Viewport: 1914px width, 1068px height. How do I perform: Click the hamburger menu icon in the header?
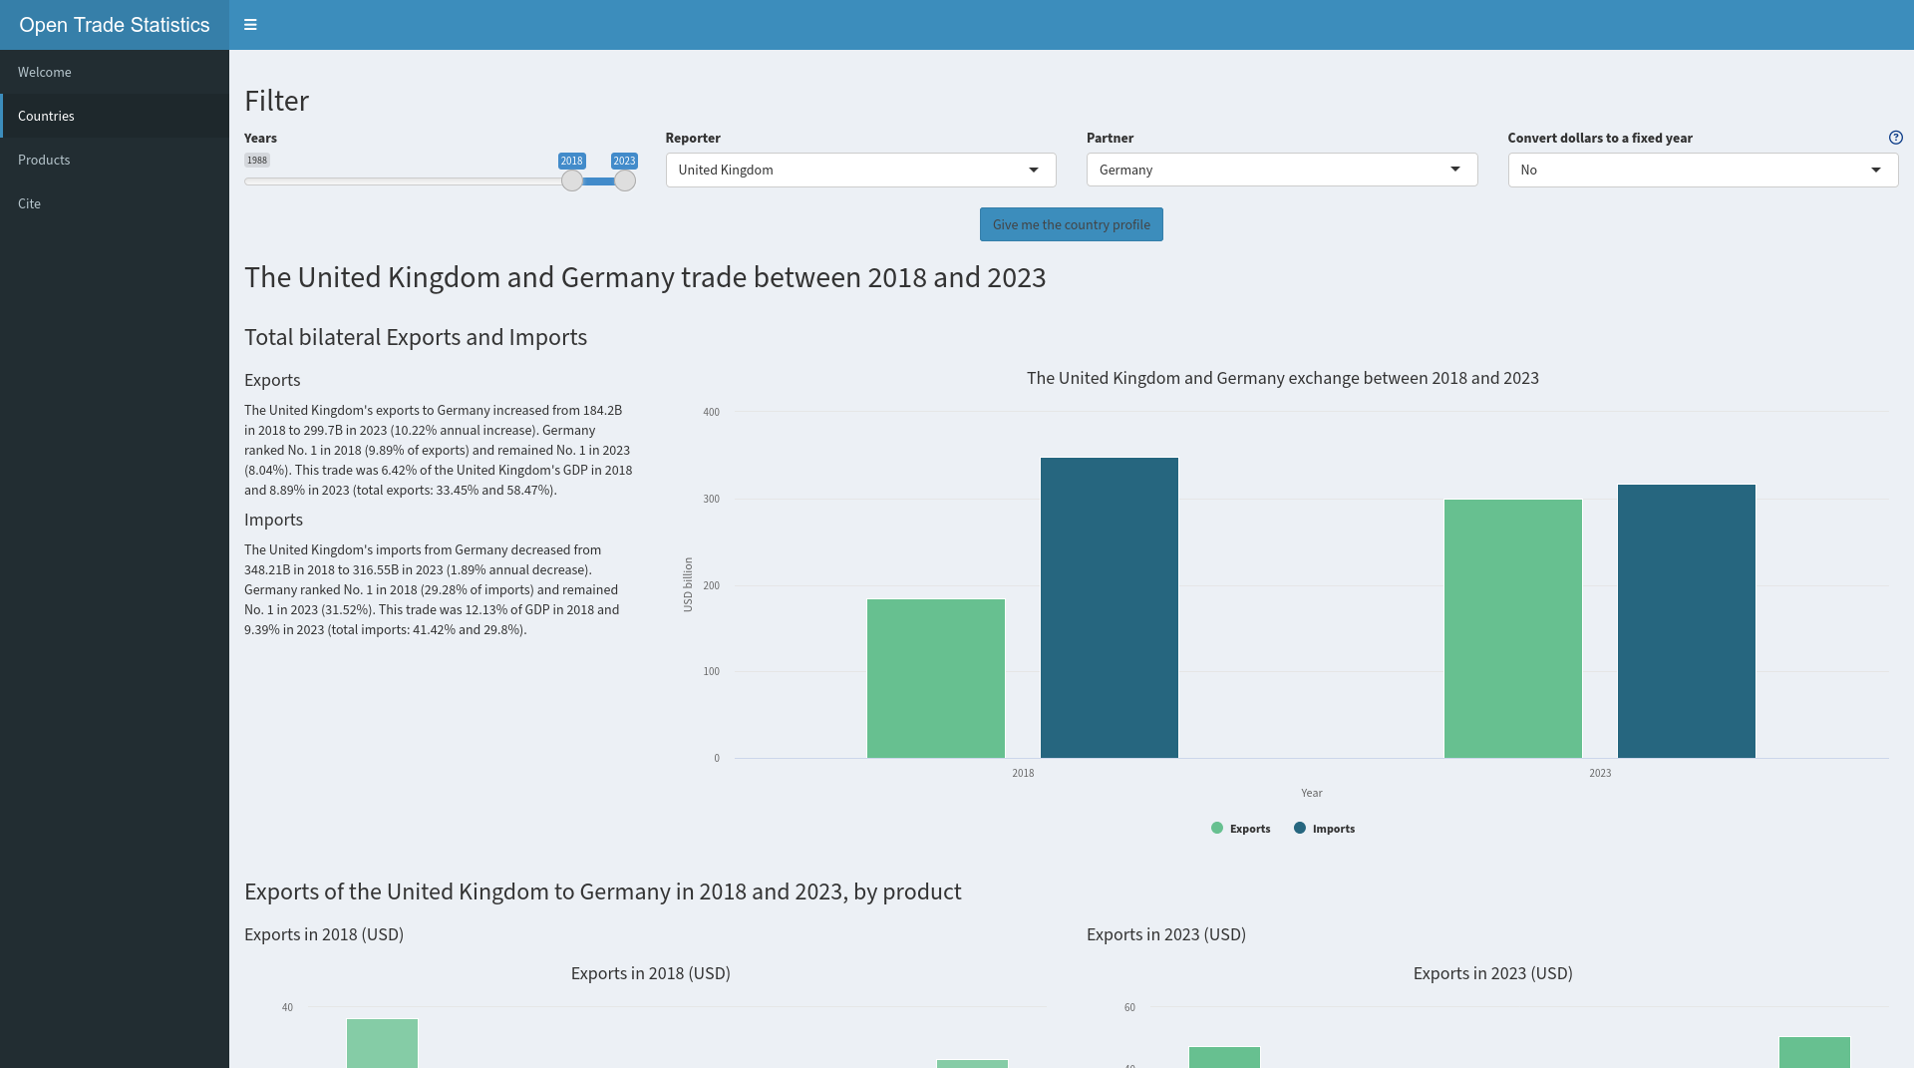250,25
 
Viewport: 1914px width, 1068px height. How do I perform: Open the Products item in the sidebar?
44,160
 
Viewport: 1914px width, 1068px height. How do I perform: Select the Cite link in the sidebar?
29,203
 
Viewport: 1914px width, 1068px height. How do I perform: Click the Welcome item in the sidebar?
45,72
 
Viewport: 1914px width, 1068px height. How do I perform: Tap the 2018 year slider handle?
571,180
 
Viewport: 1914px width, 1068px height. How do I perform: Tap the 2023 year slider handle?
624,180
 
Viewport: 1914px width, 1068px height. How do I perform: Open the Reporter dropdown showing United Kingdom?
860,170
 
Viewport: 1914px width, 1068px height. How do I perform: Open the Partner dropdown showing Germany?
1281,170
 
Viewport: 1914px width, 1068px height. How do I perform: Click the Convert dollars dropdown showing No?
1702,170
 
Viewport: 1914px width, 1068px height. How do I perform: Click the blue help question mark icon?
1895,138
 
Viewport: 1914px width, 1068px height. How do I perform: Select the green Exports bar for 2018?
935,678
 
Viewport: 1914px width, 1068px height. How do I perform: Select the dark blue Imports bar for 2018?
1109,608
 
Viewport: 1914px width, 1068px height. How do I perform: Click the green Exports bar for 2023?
1512,628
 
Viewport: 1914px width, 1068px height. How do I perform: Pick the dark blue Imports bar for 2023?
1686,621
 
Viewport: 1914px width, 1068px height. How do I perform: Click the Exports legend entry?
1241,829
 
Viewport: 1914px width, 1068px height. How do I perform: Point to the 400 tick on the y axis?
711,412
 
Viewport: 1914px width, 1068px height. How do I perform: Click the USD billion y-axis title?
688,584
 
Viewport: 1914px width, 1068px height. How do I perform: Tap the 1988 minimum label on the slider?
257,161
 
